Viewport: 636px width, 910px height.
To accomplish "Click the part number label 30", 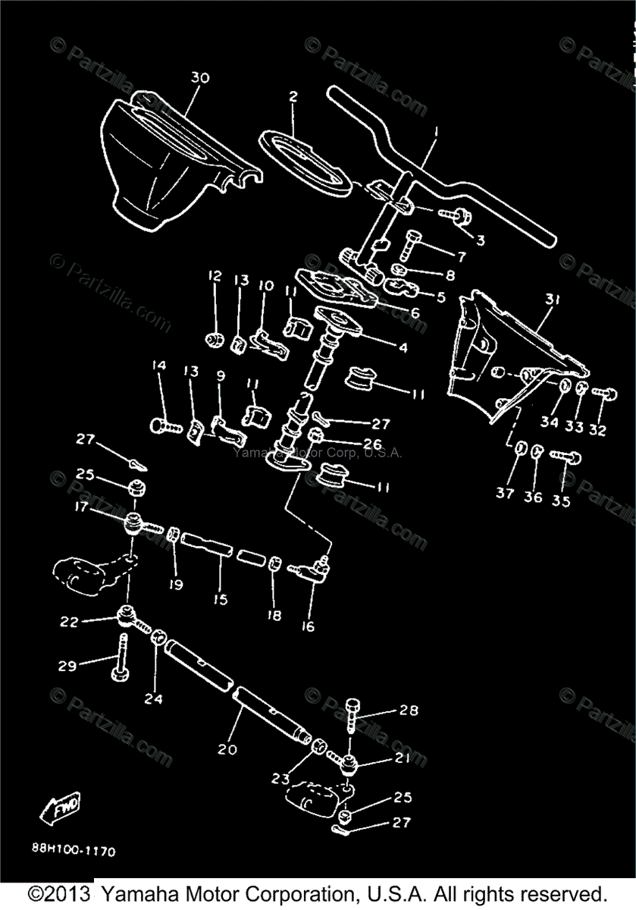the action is (199, 78).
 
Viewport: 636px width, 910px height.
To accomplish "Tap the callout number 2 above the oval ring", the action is (293, 97).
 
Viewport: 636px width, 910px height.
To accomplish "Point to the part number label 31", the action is (553, 300).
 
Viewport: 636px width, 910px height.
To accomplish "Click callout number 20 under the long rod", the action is (227, 749).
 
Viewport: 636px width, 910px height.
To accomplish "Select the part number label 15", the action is (221, 599).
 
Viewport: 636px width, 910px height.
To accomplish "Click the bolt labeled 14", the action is (165, 423).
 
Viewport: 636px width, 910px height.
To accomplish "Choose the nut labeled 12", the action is (215, 337).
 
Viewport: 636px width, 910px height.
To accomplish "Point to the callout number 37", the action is (506, 493).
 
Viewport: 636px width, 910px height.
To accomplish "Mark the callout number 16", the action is (308, 626).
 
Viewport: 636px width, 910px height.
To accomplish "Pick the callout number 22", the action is (69, 621).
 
